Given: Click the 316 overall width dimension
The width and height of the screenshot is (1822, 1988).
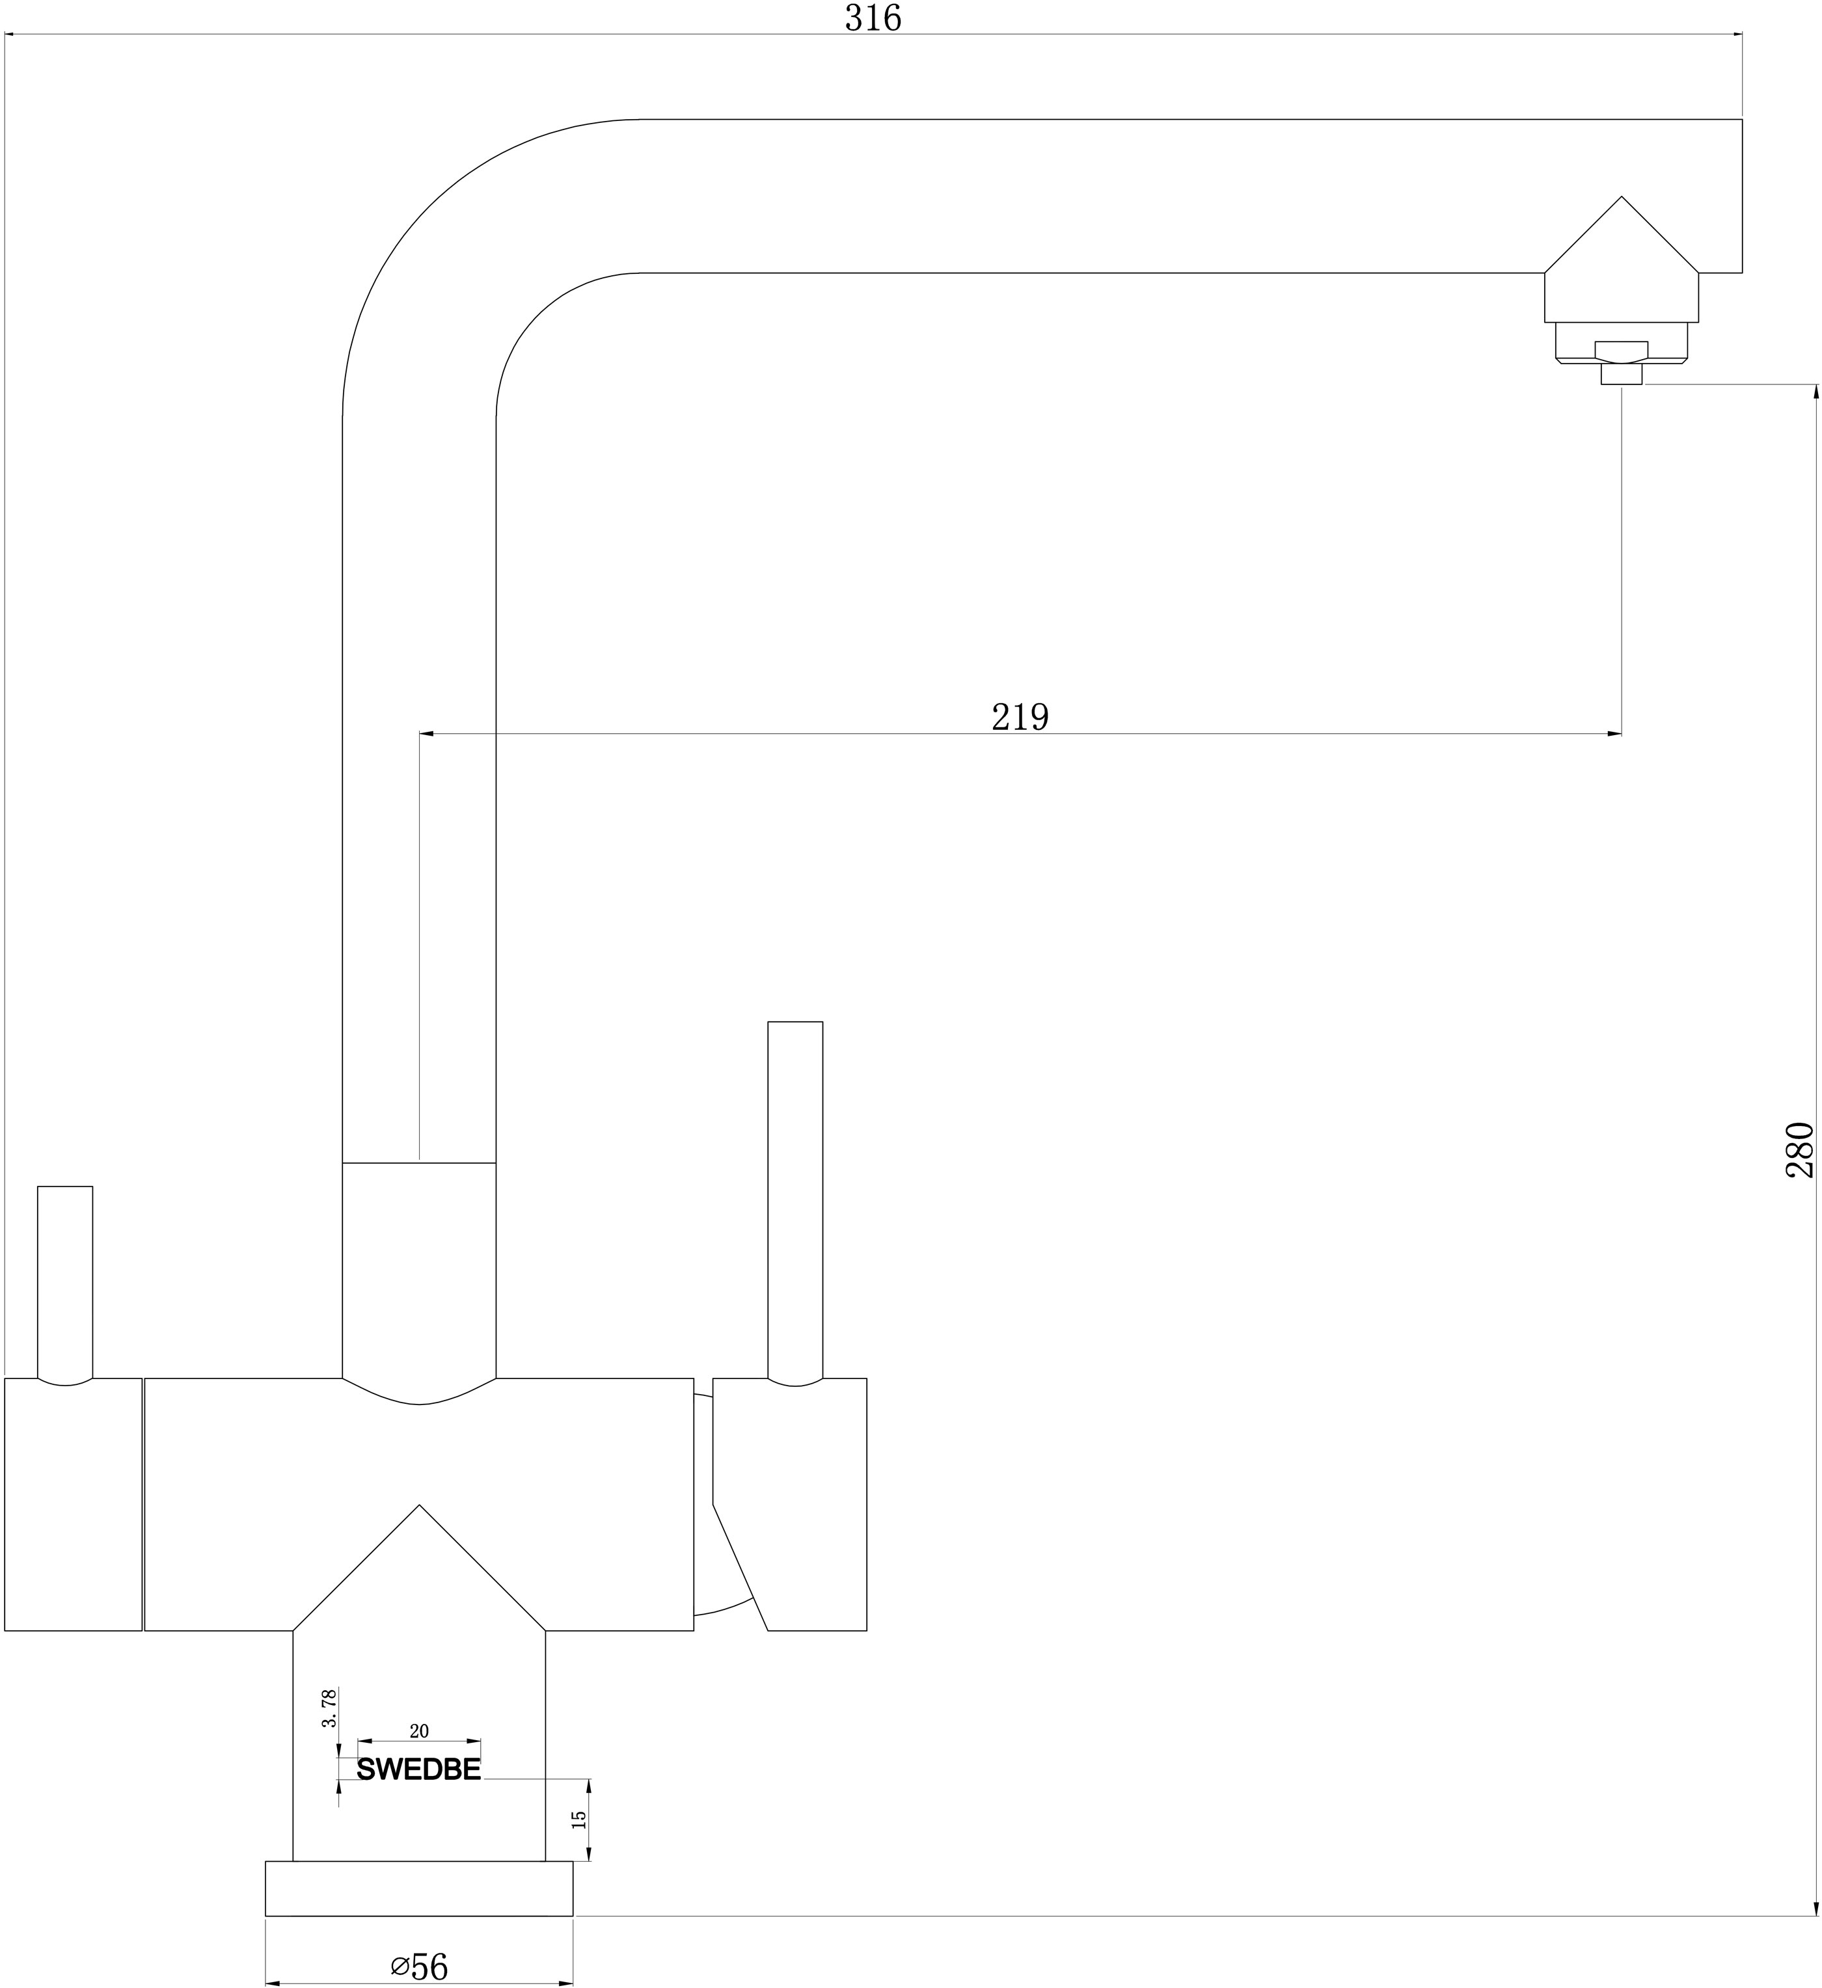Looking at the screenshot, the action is click(x=873, y=18).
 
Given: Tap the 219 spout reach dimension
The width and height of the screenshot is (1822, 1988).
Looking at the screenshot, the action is click(x=1020, y=717).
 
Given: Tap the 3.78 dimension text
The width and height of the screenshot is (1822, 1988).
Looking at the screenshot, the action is click(x=329, y=1708).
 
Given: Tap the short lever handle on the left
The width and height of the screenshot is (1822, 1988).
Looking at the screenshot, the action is click(x=65, y=1283).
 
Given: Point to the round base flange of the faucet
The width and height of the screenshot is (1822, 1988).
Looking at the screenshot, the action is click(x=419, y=1888).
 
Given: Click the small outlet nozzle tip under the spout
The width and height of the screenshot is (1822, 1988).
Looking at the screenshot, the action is click(x=1622, y=374).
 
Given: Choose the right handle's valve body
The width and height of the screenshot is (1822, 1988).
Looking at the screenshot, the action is click(x=790, y=1504).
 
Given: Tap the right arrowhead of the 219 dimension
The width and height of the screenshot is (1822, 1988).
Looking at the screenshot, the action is click(x=1615, y=734).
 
